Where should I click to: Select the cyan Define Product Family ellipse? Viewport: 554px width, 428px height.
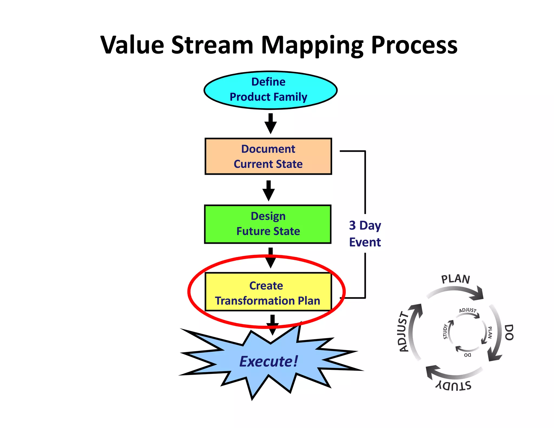[x=270, y=90]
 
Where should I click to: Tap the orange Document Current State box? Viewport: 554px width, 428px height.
[x=268, y=156]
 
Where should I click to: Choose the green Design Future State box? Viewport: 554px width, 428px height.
[x=268, y=224]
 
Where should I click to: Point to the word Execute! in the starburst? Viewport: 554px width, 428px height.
[x=269, y=361]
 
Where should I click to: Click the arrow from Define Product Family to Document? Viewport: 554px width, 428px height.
[x=271, y=124]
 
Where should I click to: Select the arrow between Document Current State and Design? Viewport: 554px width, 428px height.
[x=269, y=191]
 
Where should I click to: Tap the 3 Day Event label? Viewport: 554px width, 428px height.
[x=365, y=234]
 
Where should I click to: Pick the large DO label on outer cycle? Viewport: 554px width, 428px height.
[x=509, y=332]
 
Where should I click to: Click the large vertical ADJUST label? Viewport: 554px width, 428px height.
[x=404, y=331]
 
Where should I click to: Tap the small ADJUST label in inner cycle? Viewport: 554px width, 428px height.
[x=467, y=310]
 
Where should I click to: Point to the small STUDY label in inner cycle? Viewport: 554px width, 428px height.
[x=445, y=331]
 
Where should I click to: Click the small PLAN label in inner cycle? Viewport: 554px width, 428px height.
[x=490, y=332]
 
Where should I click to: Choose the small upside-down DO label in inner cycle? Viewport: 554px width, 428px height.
[x=467, y=355]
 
